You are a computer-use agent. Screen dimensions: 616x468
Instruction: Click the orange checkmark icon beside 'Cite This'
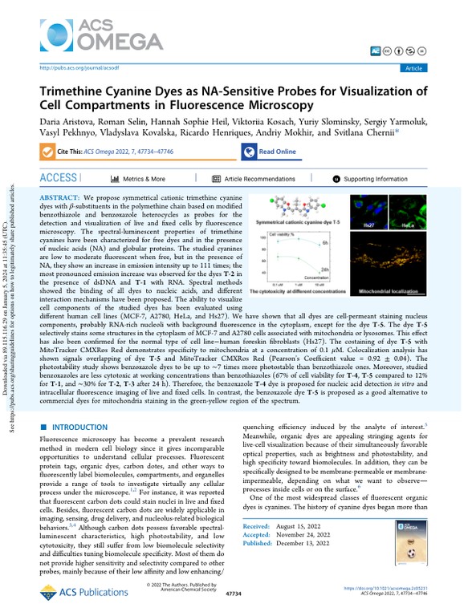(46, 152)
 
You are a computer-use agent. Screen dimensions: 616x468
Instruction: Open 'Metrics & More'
(138, 179)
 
